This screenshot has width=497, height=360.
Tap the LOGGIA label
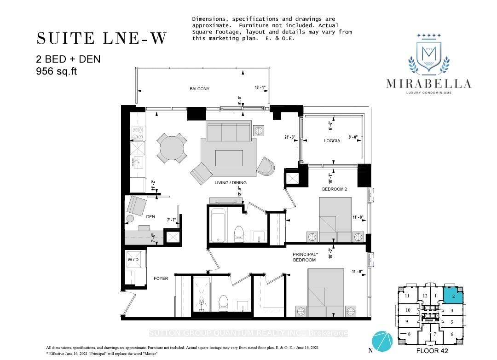331,141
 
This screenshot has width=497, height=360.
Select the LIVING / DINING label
230,183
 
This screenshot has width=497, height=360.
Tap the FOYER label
161,279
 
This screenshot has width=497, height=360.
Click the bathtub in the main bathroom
218,225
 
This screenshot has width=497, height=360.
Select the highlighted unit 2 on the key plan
453,296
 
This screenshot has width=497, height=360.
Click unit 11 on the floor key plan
407,296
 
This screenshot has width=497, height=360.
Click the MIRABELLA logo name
428,84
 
